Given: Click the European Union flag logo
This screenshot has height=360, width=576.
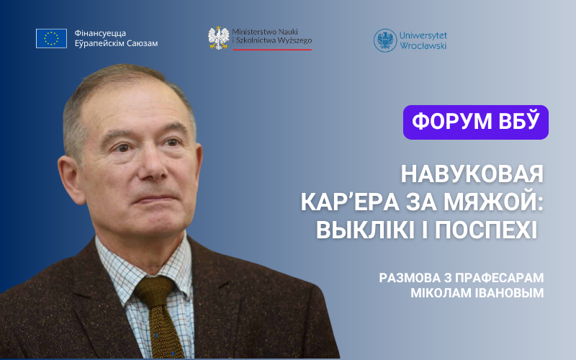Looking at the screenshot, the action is [x=51, y=38].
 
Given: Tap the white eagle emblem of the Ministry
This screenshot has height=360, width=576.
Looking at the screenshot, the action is [x=219, y=38].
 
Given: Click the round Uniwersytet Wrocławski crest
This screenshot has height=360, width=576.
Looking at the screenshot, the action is [x=385, y=40].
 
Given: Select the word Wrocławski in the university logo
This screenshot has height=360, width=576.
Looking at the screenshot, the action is [x=423, y=45].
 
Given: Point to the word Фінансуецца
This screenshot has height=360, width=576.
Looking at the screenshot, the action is [x=100, y=33].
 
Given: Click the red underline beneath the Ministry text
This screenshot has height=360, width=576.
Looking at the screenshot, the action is [x=272, y=50].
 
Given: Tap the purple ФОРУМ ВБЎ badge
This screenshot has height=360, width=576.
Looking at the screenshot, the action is [x=476, y=122].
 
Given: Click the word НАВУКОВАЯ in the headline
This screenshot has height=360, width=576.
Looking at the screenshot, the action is [x=472, y=174].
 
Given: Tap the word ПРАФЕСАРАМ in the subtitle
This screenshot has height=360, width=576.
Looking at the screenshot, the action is [x=499, y=278].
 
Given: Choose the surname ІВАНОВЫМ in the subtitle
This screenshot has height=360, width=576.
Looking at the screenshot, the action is [x=511, y=293].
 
